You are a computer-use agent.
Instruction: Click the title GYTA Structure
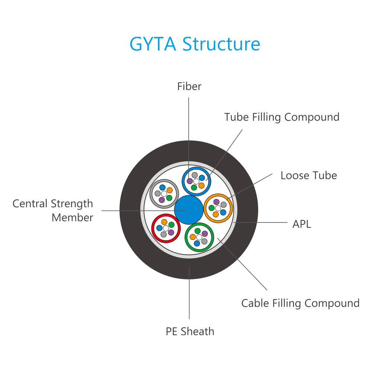coord(195,44)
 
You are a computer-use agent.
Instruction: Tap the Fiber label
coord(189,86)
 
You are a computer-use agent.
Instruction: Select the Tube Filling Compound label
coord(282,117)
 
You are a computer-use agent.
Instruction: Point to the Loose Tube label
coord(309,176)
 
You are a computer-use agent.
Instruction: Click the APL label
coord(302,224)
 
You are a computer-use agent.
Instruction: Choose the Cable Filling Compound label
coord(300,303)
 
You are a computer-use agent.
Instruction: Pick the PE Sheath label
coord(190,331)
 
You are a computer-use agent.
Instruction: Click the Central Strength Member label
coord(53,211)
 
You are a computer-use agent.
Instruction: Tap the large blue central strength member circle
coord(189,210)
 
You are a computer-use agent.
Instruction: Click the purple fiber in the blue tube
coord(190,181)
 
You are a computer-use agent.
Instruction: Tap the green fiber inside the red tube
coord(171,225)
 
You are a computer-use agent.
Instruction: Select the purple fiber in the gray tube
coord(162,200)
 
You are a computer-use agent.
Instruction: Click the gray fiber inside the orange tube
coord(224,205)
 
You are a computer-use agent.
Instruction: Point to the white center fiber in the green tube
coord(199,237)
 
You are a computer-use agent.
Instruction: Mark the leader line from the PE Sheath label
coord(189,293)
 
